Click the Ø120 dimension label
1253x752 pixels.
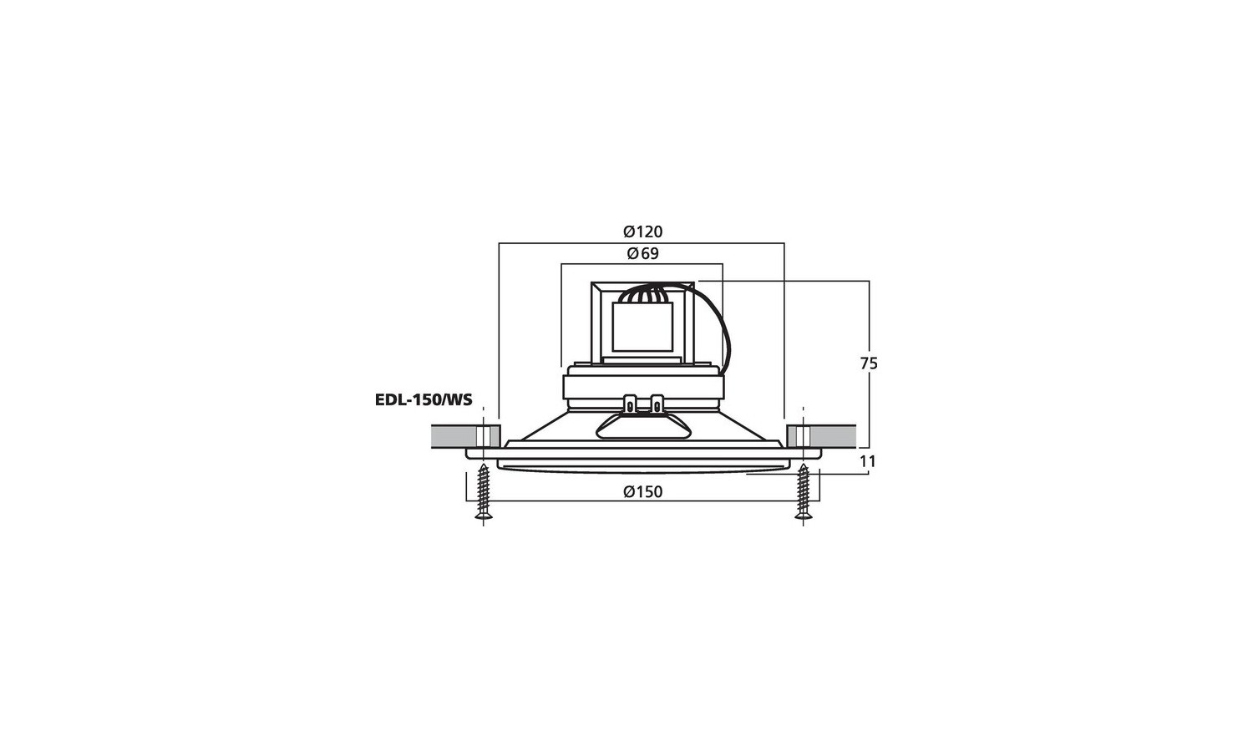[642, 231]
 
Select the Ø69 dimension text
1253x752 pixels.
[642, 253]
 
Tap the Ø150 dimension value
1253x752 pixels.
[642, 492]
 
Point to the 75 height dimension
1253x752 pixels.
[869, 363]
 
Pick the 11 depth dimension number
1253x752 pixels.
[868, 461]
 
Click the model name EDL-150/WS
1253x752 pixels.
[424, 400]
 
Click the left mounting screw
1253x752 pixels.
[484, 491]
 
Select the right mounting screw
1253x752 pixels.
[804, 491]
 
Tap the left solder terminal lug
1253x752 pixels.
[631, 404]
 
